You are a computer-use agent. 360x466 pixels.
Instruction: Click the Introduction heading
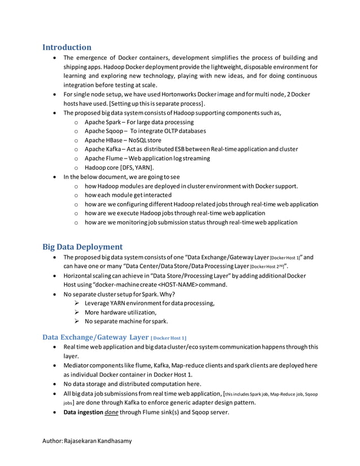coord(67,47)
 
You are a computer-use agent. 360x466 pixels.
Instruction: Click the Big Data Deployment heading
coord(82,247)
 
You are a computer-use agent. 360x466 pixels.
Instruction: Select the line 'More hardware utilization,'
coord(120,312)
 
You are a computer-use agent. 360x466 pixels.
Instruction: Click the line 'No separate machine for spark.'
coord(126,322)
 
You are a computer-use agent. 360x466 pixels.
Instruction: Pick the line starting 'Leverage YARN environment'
coord(149,303)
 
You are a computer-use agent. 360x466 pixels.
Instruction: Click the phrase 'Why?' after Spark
coord(168,294)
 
